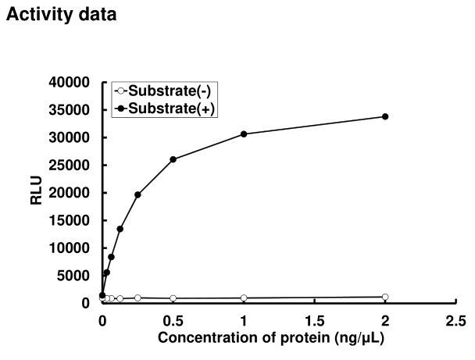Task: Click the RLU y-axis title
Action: tap(36, 192)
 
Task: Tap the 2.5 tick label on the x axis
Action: tap(456, 320)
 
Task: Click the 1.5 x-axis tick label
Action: tap(315, 320)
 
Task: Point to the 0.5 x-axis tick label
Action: tap(173, 320)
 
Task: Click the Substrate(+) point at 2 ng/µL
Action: tap(385, 116)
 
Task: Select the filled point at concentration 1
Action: tap(244, 134)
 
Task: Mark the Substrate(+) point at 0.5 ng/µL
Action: tap(173, 159)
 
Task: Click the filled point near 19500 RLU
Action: tap(137, 194)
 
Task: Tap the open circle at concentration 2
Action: tap(385, 297)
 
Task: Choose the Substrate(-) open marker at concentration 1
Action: tap(244, 298)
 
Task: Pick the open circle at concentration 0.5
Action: tap(173, 298)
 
